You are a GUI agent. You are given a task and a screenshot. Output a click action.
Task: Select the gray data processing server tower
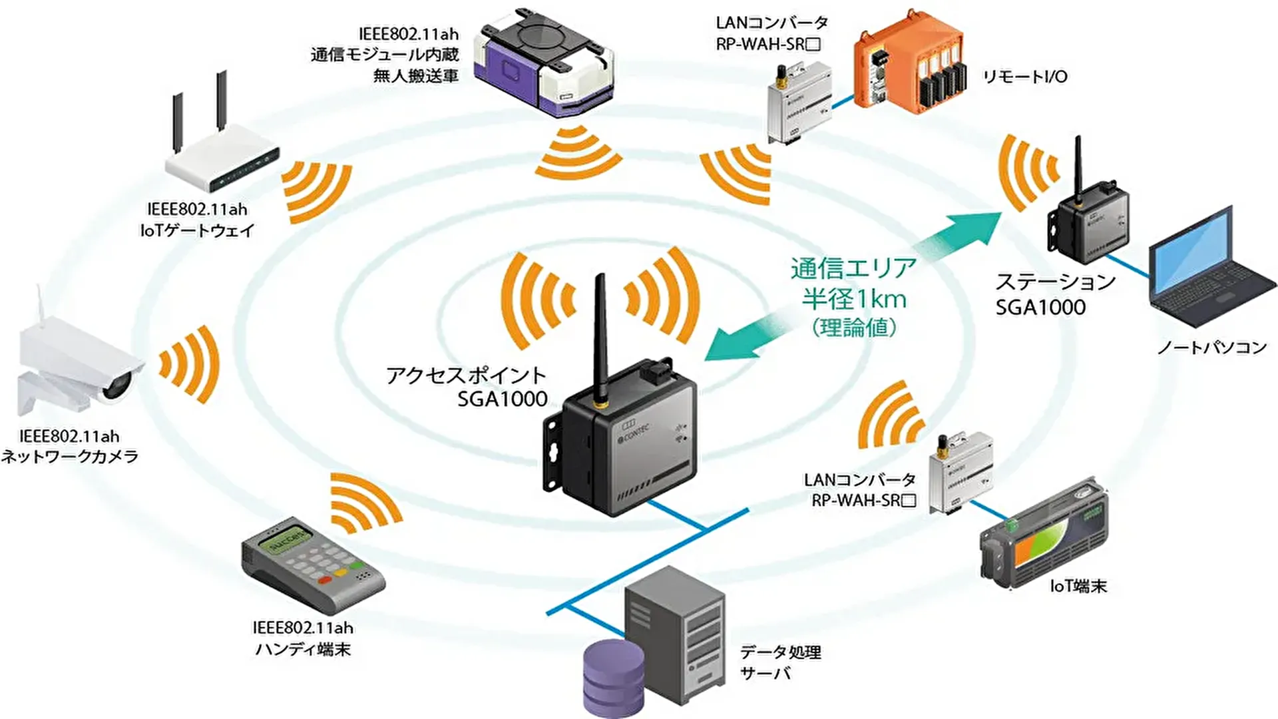674,632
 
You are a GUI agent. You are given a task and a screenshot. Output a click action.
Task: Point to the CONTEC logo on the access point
634,434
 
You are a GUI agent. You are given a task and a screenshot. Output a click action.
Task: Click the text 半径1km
854,299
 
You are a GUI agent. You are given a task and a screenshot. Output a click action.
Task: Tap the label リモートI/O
1025,77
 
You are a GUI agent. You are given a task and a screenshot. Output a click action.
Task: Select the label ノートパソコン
1211,348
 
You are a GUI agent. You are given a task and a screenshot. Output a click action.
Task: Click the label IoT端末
1078,586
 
